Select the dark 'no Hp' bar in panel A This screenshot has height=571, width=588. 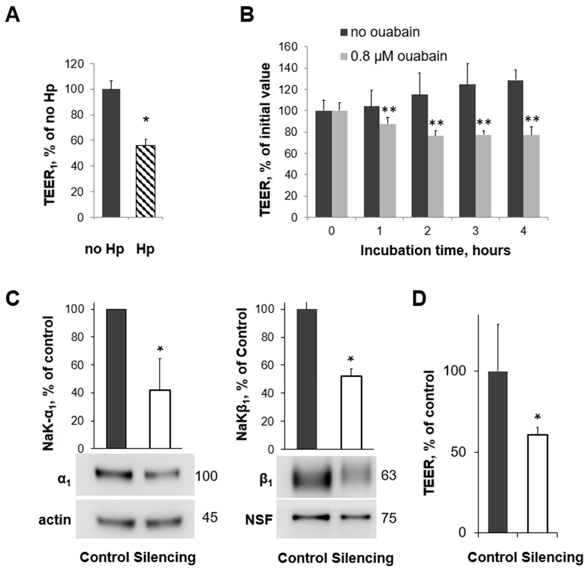111,153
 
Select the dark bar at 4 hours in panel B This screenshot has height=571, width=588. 515,148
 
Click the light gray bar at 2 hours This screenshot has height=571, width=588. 435,176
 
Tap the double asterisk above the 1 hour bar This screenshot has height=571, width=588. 389,110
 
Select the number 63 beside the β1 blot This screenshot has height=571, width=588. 389,475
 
